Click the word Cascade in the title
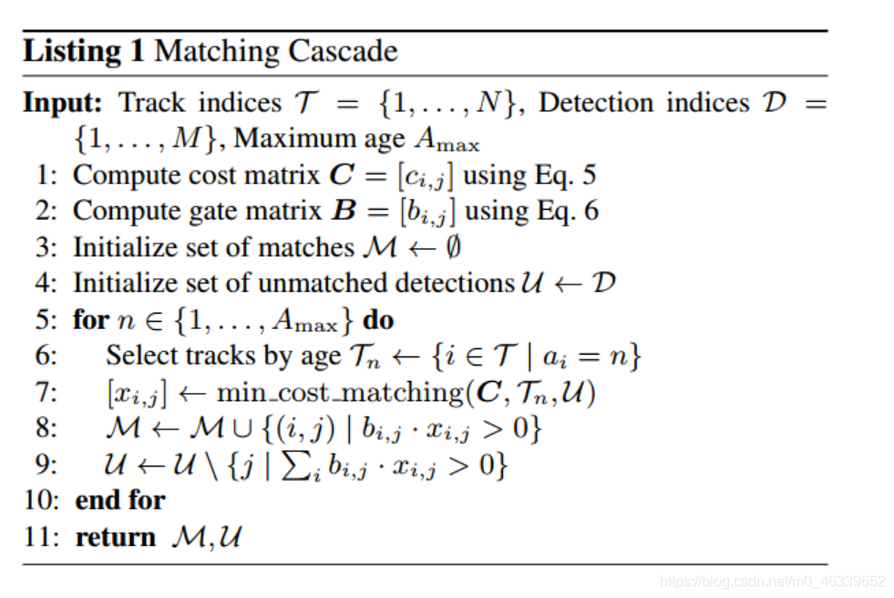343,51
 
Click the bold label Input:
63,103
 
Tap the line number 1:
46,175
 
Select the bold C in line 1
342,175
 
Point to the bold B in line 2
344,211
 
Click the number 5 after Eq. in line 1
589,175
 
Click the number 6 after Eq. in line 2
591,211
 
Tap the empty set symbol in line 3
453,247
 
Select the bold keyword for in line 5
90,319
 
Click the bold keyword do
378,319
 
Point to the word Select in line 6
141,356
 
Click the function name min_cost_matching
341,393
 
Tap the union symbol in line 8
243,429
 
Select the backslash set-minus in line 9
211,465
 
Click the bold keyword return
116,537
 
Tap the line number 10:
41,500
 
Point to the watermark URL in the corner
773,581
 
